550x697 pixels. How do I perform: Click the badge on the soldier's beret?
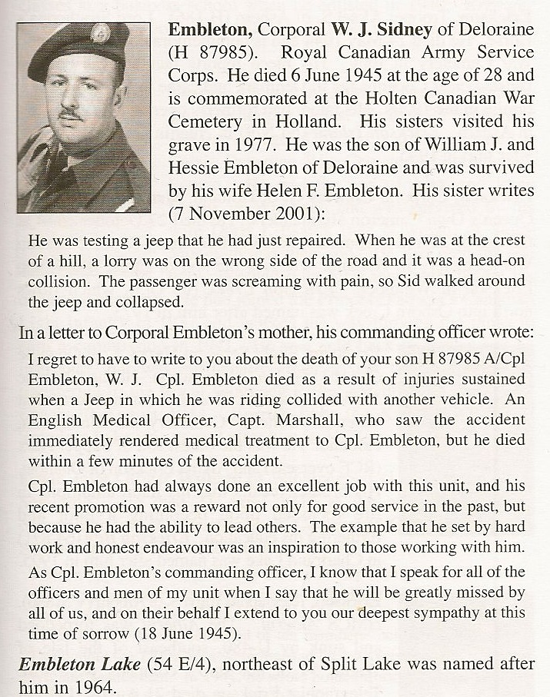click(99, 33)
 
